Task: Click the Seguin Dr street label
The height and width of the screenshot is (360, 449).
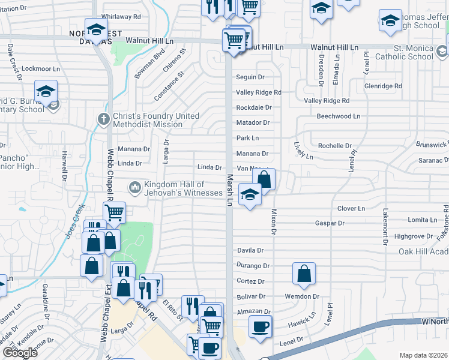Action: tap(250, 77)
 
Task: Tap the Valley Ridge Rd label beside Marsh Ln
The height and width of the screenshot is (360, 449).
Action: tap(259, 92)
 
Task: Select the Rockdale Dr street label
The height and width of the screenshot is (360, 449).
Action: tap(254, 107)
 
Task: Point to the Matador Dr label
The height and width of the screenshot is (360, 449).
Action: tap(253, 122)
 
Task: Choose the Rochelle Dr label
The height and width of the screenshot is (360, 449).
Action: tap(335, 146)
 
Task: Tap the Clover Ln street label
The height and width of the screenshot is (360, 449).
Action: tap(351, 208)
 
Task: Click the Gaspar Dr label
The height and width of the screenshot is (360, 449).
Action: tap(330, 223)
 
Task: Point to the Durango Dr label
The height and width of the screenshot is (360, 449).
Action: tap(253, 266)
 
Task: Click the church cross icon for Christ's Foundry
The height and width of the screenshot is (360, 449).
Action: tap(103, 119)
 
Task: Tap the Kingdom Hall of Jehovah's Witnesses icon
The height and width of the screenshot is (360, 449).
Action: tap(134, 188)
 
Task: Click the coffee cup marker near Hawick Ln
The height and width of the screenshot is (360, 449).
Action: tap(260, 327)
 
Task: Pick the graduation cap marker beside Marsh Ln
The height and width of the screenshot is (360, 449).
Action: tap(250, 194)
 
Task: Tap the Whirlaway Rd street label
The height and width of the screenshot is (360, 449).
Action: tap(121, 17)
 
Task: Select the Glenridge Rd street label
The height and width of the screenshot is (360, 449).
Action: tap(383, 86)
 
